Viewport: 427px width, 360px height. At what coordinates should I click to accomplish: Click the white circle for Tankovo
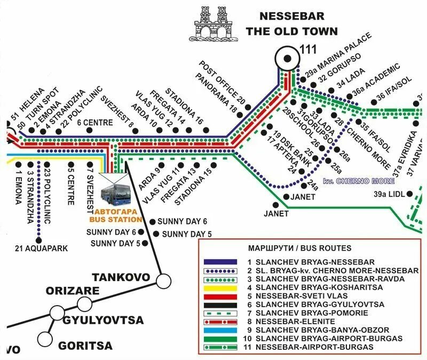pos(163,279)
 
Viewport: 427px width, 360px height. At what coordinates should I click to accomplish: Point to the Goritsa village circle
pos(45,338)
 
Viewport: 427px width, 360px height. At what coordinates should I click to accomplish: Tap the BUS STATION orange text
pos(115,219)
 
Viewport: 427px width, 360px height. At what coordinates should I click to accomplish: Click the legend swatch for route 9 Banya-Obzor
pos(220,330)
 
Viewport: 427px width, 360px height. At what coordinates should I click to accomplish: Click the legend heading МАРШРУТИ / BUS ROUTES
pos(299,249)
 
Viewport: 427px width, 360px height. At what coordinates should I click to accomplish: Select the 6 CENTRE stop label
pos(94,122)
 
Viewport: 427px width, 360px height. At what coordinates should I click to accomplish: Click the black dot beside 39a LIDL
pos(410,194)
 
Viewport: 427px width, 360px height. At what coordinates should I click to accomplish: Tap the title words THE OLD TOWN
pos(291,31)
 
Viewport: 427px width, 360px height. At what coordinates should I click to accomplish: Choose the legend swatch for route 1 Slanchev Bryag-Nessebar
pos(220,262)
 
